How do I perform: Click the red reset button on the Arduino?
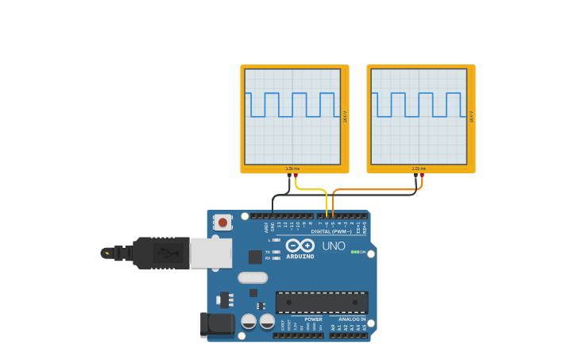coord(223,223)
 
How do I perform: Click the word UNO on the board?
coord(334,246)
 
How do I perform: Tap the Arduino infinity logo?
coord(300,246)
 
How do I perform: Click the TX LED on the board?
coord(276,252)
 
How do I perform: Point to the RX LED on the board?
coord(276,258)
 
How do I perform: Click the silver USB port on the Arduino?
coord(211,253)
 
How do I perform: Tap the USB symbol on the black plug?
coord(164,254)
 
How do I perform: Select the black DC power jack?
coord(216,324)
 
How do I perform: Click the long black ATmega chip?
coord(322,302)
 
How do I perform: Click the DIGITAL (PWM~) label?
coord(331,231)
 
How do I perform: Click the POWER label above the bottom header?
coord(313,319)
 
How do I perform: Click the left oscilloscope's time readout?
coord(292,168)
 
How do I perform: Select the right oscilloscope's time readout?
coord(419,168)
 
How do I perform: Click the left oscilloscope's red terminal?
coord(296,176)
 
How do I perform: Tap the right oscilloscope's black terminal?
coord(416,176)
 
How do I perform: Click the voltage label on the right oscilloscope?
coord(471,116)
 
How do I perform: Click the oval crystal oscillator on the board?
coord(253,277)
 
